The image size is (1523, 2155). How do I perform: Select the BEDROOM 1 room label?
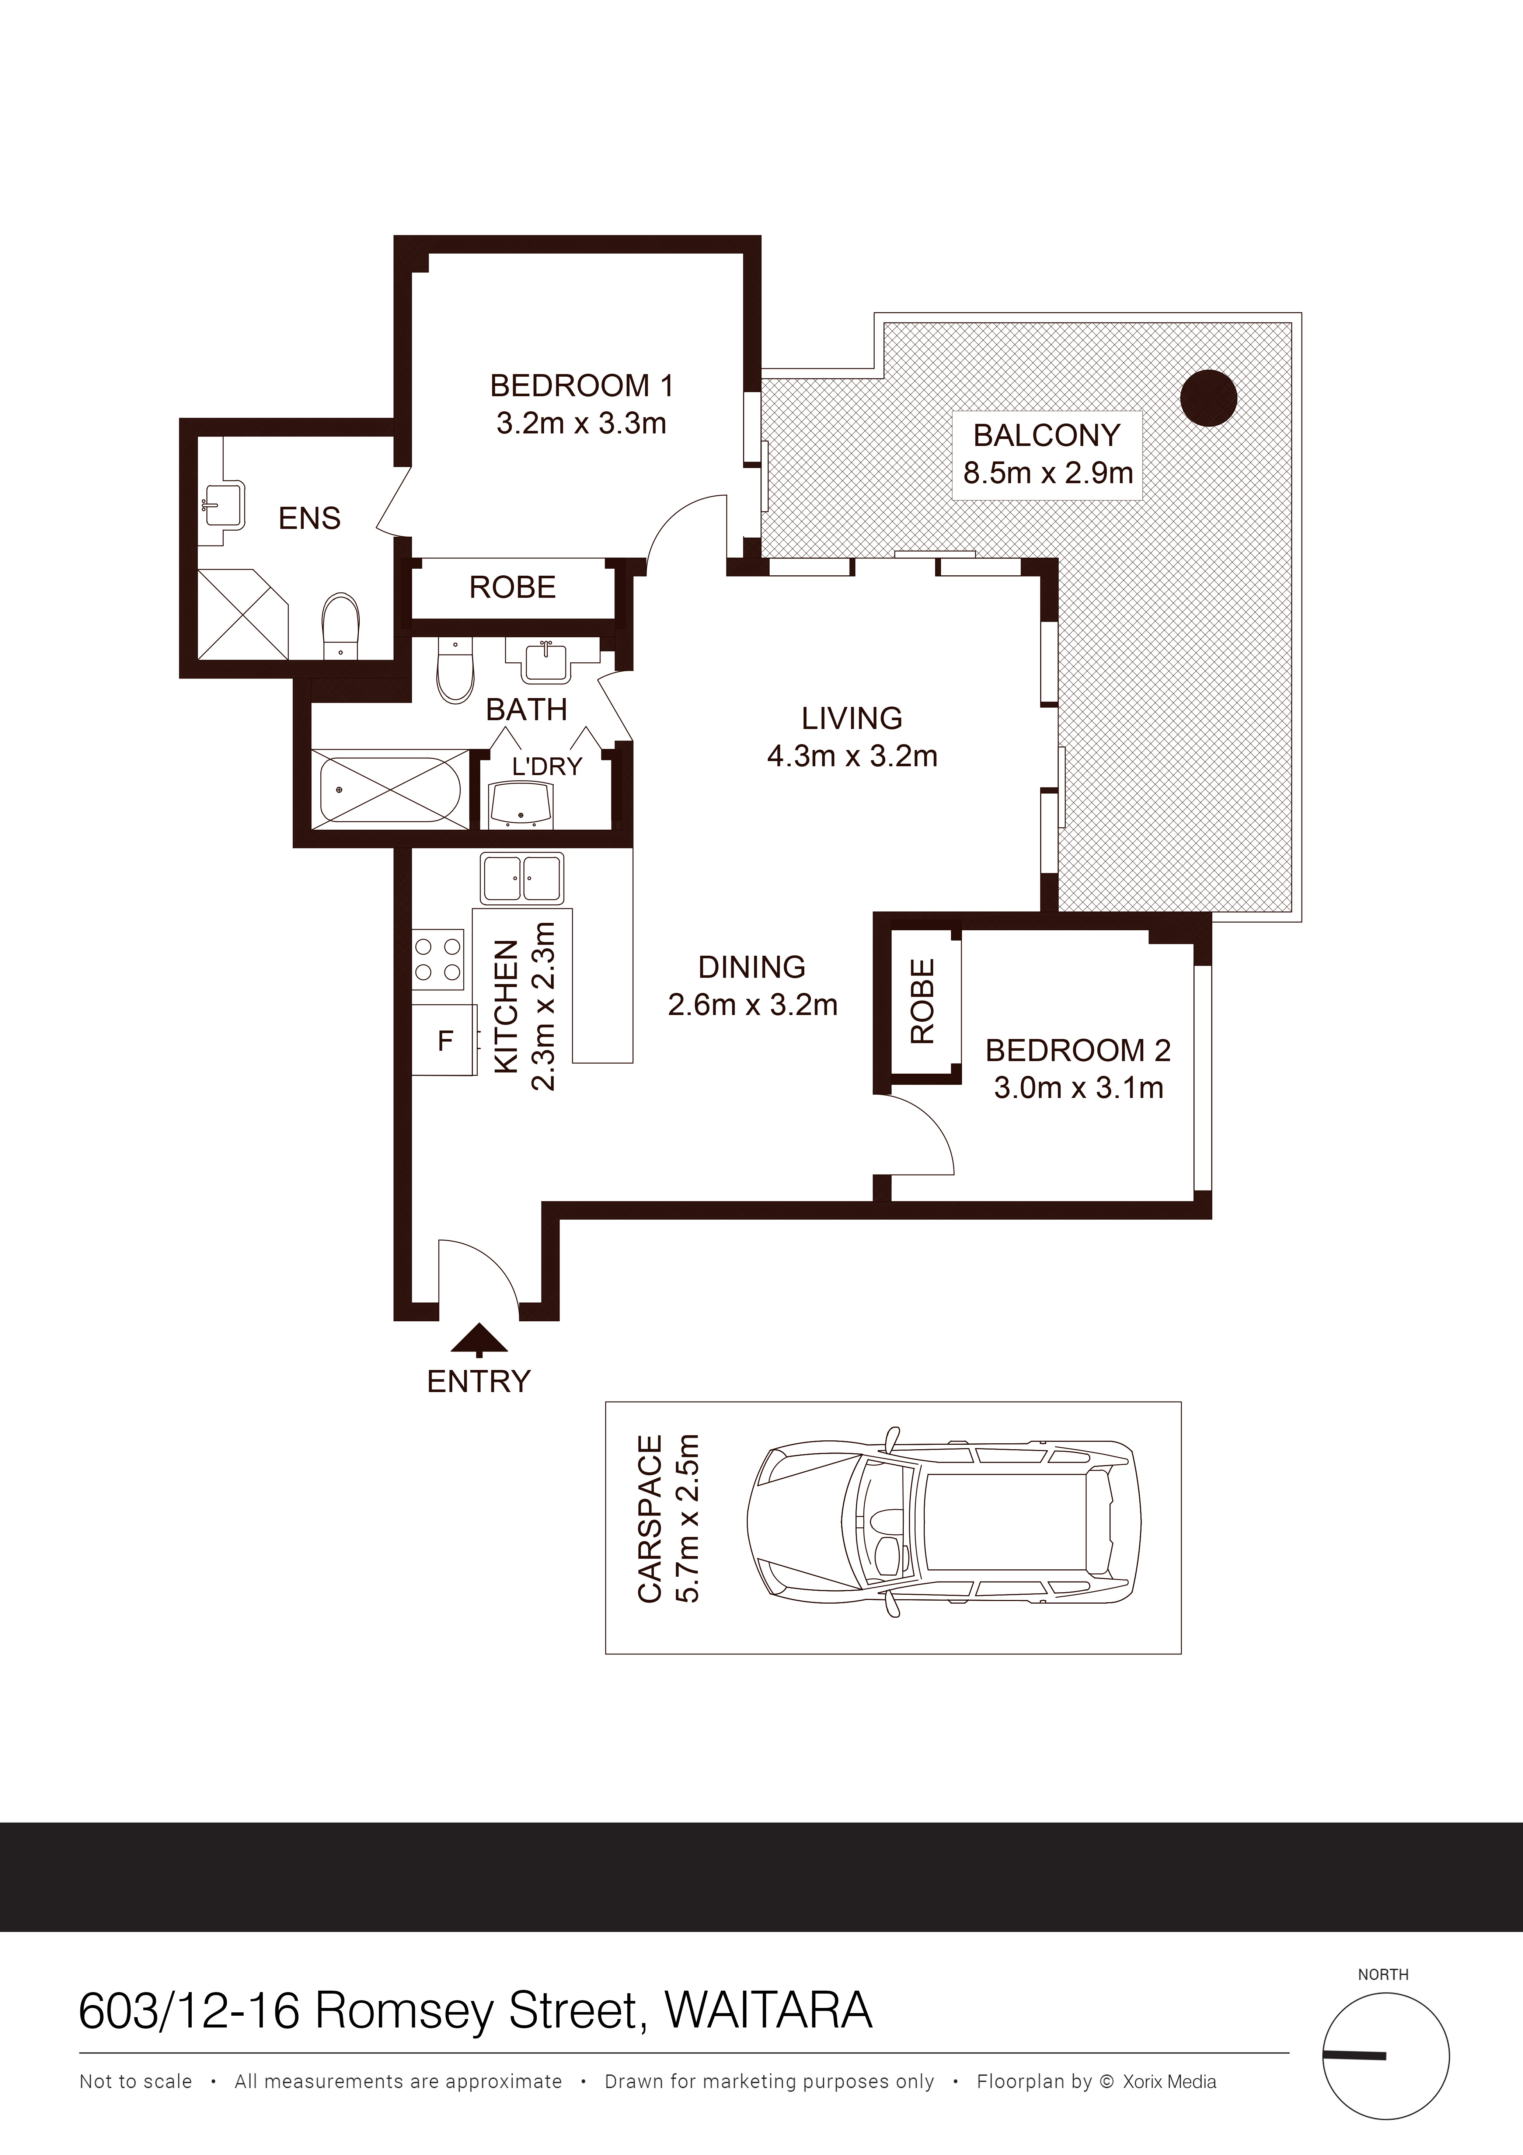point(582,385)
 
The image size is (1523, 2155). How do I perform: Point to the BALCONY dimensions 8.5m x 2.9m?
point(1048,472)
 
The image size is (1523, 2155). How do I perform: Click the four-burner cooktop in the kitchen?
point(438,959)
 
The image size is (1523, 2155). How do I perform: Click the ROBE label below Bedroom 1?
point(512,587)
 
